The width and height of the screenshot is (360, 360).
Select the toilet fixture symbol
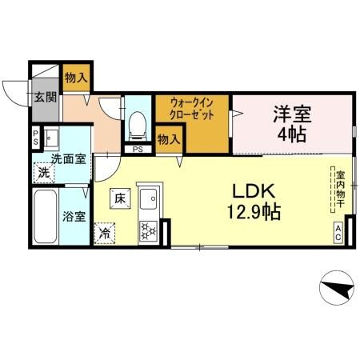coord(137,122)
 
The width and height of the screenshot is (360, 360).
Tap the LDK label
coord(254,192)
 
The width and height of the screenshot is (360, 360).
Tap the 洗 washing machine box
coord(45,171)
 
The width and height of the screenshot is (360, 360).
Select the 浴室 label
coord(75,216)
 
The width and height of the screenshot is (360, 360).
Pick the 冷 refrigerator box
coord(105,233)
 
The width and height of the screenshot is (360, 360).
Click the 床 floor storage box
coord(119,197)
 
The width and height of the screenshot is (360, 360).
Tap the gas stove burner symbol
coord(148,231)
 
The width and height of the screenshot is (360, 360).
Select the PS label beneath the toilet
coord(138,149)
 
